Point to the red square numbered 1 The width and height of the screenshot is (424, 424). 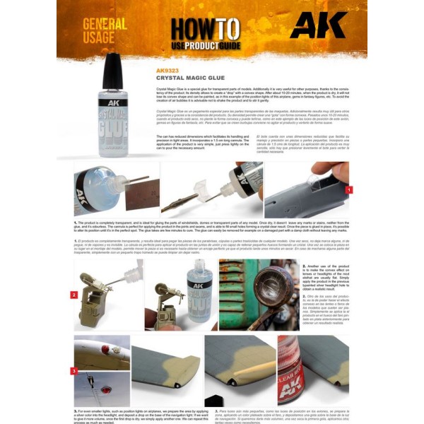(348, 189)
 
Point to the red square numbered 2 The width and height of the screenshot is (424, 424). (74, 294)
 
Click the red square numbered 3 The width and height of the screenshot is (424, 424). (74, 370)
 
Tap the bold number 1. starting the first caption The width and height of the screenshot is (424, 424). (76, 222)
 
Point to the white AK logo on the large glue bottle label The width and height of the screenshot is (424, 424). (113, 111)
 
